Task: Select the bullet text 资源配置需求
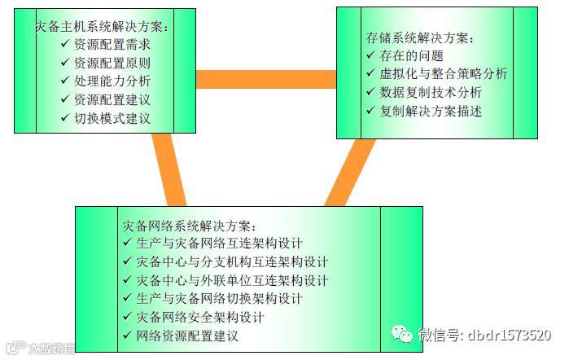pos(112,44)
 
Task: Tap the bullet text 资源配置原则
pos(112,63)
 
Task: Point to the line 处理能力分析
pos(112,81)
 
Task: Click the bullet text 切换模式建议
pos(112,118)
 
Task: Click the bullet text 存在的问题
pos(411,55)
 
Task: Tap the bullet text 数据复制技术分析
pos(431,92)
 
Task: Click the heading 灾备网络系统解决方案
pos(190,225)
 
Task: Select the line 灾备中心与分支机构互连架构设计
pos(233,261)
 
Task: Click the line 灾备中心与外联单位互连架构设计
pos(233,280)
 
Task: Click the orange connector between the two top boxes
pos(266,79)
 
